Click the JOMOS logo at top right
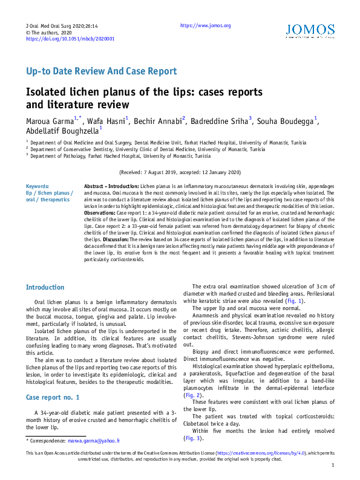[309, 31]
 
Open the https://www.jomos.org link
[206, 25]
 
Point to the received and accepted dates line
[180, 172]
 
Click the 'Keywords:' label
[38, 186]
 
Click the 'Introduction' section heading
[45, 287]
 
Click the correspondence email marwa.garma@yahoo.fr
[94, 442]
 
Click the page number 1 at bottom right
[333, 465]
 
